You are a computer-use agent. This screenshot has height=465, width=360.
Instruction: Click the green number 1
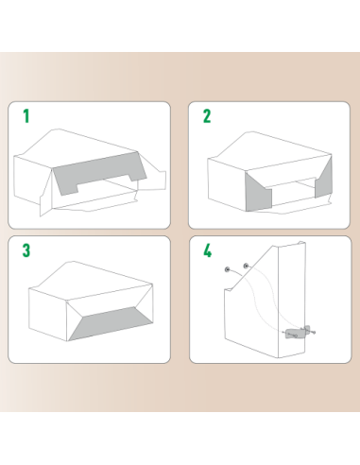[x=26, y=116]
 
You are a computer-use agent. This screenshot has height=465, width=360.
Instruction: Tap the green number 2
[x=207, y=116]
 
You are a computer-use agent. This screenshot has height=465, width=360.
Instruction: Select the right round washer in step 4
[x=247, y=267]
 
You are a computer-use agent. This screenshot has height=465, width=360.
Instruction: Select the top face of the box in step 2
[x=265, y=151]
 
